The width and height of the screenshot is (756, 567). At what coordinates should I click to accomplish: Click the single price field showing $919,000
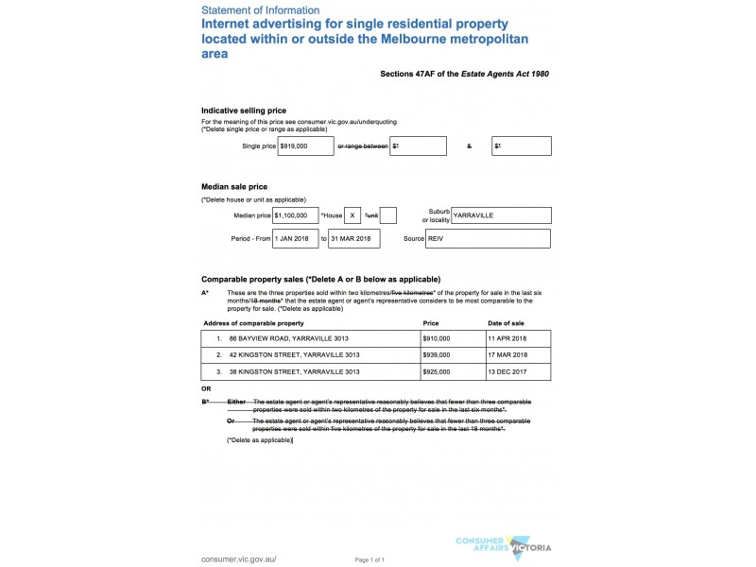[x=305, y=146]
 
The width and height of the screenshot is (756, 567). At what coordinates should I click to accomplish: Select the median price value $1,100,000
[x=295, y=215]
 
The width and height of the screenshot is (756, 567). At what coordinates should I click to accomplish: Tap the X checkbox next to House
[x=352, y=215]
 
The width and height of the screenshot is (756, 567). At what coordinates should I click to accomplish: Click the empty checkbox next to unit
[x=387, y=215]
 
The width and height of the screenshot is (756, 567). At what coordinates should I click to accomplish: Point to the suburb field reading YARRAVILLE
[x=501, y=215]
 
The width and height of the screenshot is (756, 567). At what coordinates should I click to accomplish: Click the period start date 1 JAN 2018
[x=296, y=239]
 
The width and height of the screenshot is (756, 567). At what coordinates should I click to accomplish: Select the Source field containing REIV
[x=488, y=239]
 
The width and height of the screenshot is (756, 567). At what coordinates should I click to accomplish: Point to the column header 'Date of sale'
[x=508, y=323]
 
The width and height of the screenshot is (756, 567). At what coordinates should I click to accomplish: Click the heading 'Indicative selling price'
[x=244, y=111]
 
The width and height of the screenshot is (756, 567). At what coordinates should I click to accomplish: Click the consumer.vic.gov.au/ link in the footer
[x=239, y=558]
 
